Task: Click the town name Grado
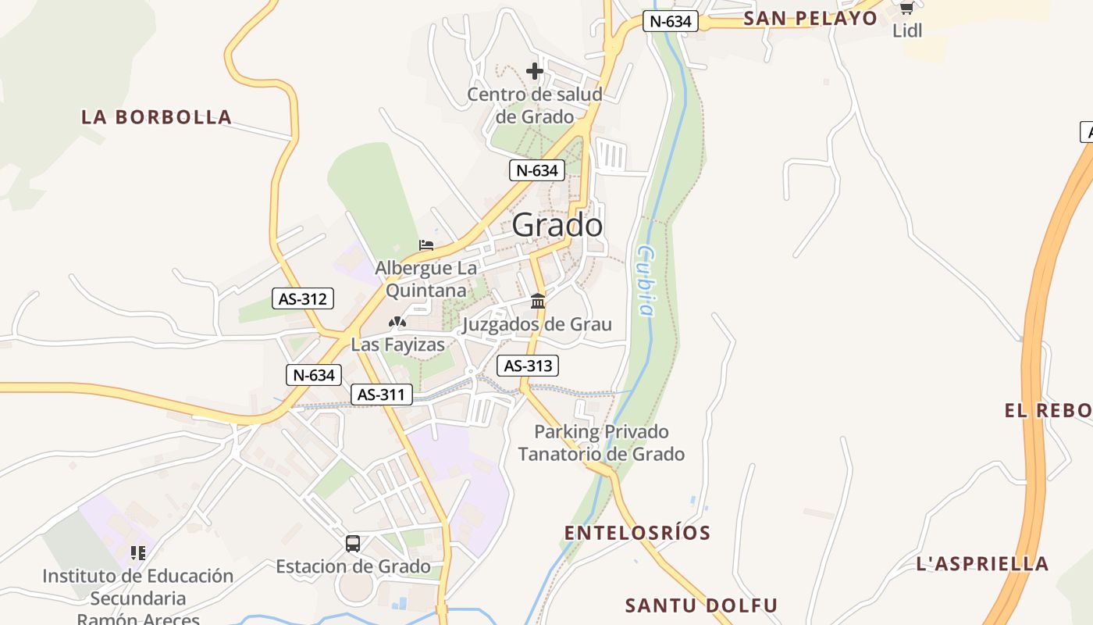557,226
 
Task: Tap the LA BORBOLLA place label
157,117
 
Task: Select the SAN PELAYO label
810,18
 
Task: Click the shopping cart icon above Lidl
906,8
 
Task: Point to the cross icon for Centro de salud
535,71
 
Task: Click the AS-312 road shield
303,298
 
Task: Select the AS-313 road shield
528,365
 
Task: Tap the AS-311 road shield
381,395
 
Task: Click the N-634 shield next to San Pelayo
670,21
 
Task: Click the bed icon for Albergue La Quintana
426,245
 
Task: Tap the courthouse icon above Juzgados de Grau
538,301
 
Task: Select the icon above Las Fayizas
397,321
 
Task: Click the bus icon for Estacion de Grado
353,543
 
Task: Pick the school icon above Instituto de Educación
138,553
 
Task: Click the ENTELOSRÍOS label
637,533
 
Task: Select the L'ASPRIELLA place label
982,563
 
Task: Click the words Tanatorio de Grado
601,454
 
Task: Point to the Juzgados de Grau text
537,324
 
